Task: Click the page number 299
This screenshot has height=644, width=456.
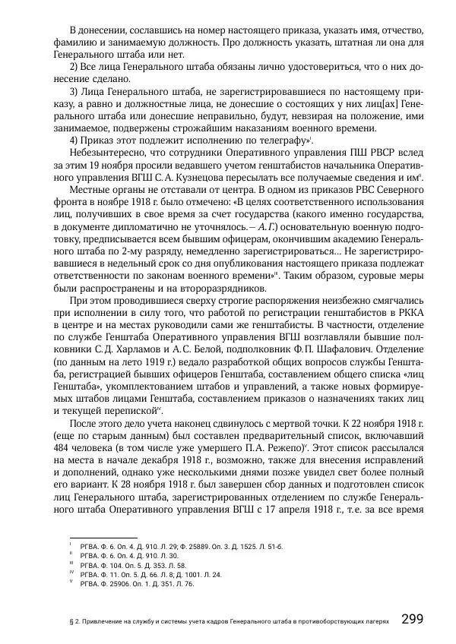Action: click(419, 619)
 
